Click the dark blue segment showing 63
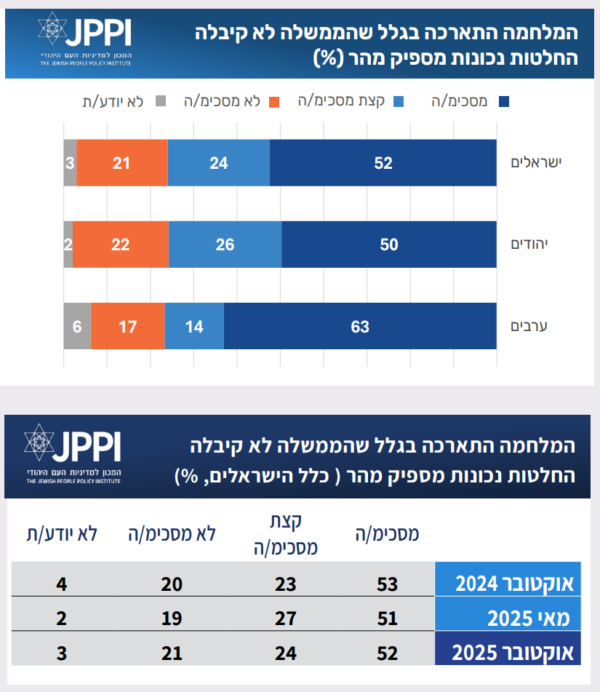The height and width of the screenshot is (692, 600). pyautogui.click(x=360, y=327)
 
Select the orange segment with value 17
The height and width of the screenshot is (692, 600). pyautogui.click(x=128, y=327)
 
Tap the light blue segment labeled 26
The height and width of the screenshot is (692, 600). pyautogui.click(x=225, y=244)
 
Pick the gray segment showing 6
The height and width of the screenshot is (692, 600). pyautogui.click(x=77, y=327)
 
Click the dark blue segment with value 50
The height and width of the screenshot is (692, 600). pyautogui.click(x=389, y=244)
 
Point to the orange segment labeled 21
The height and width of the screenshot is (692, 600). pyautogui.click(x=121, y=163)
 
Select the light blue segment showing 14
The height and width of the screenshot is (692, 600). pyautogui.click(x=194, y=327)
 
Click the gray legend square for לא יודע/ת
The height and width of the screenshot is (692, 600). pyautogui.click(x=161, y=101)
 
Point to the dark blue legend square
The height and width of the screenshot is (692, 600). pyautogui.click(x=503, y=101)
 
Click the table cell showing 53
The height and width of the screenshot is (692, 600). pyautogui.click(x=388, y=584)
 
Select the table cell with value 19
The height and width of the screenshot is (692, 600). pyautogui.click(x=172, y=619)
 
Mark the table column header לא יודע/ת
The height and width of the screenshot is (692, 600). pyautogui.click(x=62, y=533)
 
